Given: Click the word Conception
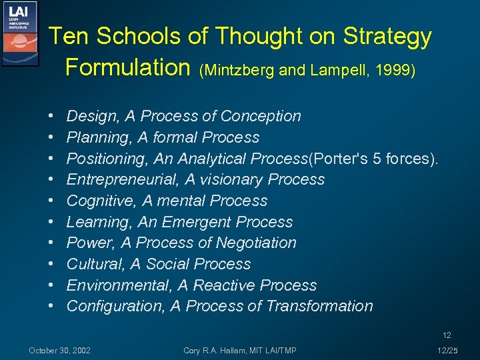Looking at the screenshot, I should pyautogui.click(x=261, y=117).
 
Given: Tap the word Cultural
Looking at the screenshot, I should pyautogui.click(x=94, y=264).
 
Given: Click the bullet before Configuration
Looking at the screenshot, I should pyautogui.click(x=52, y=307).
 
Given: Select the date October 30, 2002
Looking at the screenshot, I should pyautogui.click(x=60, y=351).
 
